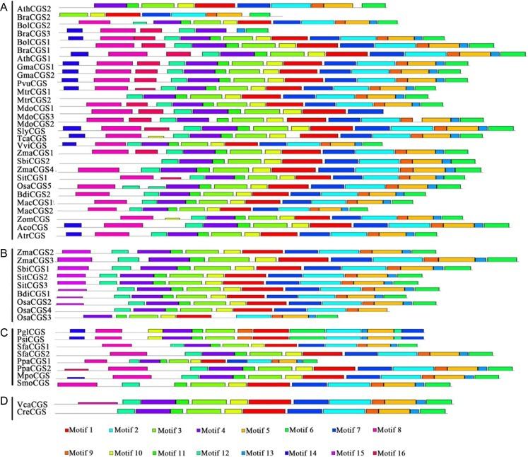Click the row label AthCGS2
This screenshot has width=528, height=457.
pos(32,6)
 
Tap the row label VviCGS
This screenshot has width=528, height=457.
pos(30,145)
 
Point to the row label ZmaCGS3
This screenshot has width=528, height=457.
pos(35,260)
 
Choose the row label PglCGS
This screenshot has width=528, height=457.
pos(30,330)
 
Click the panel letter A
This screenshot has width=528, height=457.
pos(5,6)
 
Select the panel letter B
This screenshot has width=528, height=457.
pos(5,253)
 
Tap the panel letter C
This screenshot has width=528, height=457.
pos(5,331)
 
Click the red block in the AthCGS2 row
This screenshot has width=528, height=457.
pos(215,6)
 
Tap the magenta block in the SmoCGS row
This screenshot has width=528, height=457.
pos(78,384)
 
